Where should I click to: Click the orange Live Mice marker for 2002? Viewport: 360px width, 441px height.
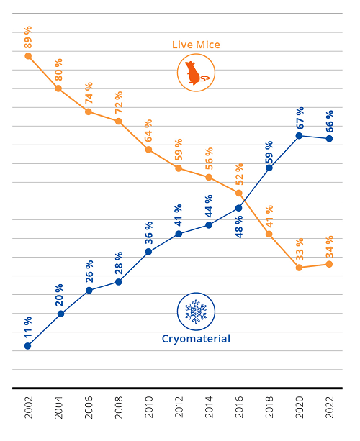pyautogui.click(x=28, y=55)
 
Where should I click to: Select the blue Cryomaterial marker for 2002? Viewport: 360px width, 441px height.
pyautogui.click(x=28, y=346)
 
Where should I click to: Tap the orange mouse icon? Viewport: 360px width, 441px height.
pyautogui.click(x=196, y=73)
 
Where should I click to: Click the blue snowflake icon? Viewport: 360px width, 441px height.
pyautogui.click(x=196, y=311)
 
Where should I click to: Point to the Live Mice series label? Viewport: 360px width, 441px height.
pyautogui.click(x=196, y=45)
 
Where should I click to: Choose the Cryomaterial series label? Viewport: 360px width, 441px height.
pyautogui.click(x=196, y=339)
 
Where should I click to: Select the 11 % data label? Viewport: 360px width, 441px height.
pyautogui.click(x=28, y=327)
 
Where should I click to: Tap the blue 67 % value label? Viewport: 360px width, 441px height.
pyautogui.click(x=299, y=117)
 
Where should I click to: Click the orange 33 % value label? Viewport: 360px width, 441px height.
pyautogui.click(x=299, y=249)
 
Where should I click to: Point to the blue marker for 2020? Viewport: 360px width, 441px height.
pyautogui.click(x=299, y=135)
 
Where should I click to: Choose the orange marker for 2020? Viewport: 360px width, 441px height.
pyautogui.click(x=299, y=268)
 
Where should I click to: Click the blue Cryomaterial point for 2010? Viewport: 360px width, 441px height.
pyautogui.click(x=148, y=252)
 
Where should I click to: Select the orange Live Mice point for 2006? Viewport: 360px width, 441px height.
pyautogui.click(x=89, y=112)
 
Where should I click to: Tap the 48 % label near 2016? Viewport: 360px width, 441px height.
pyautogui.click(x=239, y=226)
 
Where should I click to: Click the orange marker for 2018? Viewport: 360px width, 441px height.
pyautogui.click(x=269, y=234)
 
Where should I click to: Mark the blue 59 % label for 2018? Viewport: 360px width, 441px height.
pyautogui.click(x=269, y=151)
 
